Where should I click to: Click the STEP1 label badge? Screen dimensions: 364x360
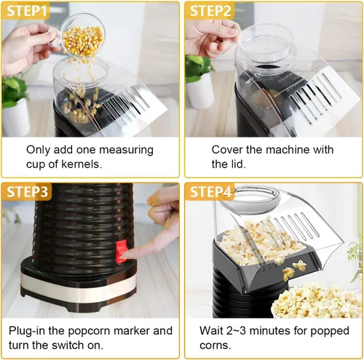click(x=25, y=11)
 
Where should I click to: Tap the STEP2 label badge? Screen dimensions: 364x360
click(x=210, y=11)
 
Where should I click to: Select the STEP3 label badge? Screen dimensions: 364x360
click(x=26, y=191)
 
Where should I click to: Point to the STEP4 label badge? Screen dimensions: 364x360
click(x=210, y=191)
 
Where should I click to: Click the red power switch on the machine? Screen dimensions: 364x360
click(x=121, y=251)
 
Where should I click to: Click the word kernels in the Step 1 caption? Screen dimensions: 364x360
click(x=82, y=164)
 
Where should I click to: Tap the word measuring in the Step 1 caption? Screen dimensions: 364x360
click(x=126, y=151)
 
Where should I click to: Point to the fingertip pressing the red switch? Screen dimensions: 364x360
click(x=126, y=255)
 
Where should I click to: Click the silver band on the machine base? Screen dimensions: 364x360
click(x=78, y=285)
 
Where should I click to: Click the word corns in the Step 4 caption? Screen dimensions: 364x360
click(x=215, y=345)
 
